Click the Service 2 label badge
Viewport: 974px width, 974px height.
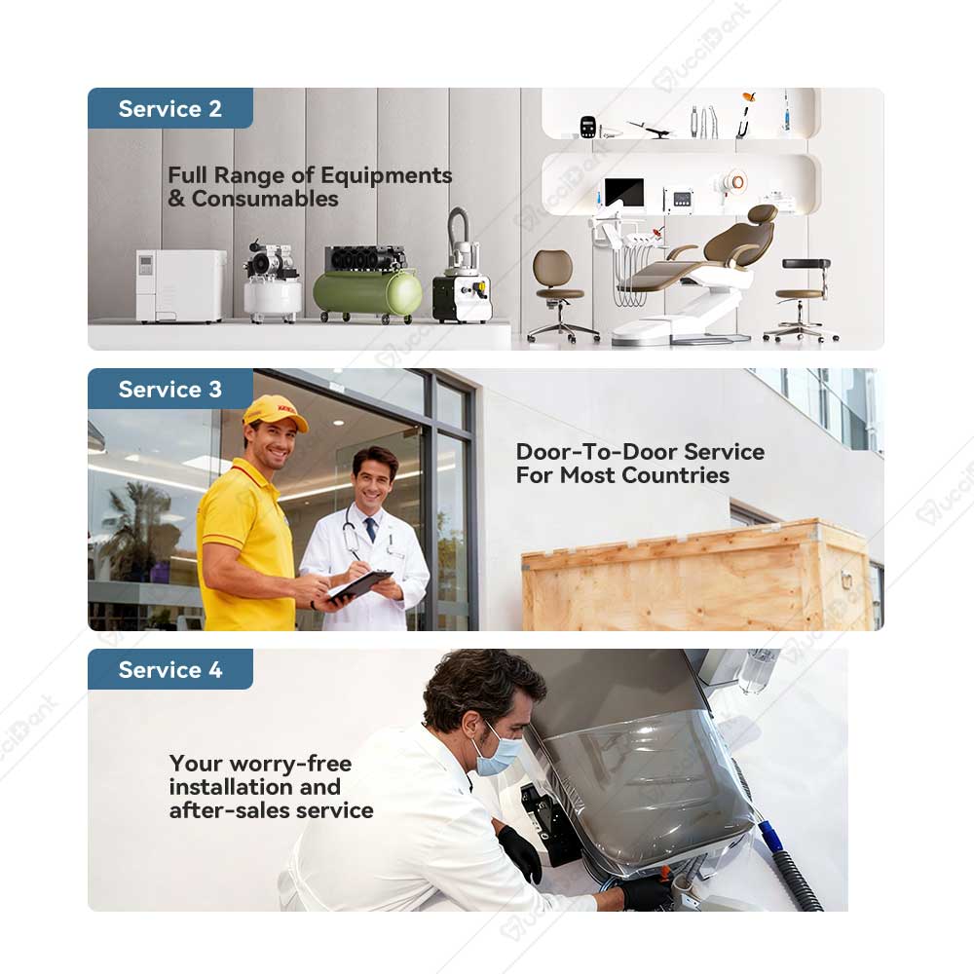170,108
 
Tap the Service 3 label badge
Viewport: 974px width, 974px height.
170,389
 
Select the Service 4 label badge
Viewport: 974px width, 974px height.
170,669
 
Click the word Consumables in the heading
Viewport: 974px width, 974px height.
265,199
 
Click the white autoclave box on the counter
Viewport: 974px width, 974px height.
181,285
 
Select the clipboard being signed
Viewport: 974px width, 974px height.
359,585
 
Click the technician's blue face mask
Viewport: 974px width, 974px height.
497,752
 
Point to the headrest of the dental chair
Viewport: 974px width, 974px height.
763,214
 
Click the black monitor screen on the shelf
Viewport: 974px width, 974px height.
624,192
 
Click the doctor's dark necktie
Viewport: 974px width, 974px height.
370,529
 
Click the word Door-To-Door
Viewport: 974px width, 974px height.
597,452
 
